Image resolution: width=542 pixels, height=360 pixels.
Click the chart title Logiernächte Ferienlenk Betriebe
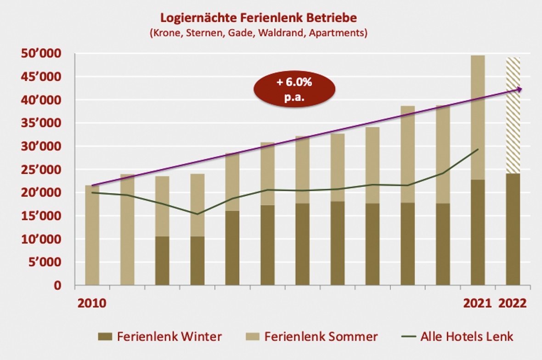258,18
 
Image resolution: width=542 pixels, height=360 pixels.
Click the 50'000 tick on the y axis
41,54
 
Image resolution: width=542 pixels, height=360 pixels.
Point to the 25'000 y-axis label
41,170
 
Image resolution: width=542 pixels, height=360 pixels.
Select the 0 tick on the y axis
57,286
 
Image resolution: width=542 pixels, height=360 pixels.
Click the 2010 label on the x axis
92,303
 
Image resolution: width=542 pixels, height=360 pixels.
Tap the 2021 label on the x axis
478,303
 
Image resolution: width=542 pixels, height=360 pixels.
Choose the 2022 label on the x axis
513,303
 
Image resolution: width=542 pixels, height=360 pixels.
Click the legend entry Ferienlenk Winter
160,337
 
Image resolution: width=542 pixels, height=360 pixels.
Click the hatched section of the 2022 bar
513,115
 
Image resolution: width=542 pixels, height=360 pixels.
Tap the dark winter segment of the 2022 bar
513,230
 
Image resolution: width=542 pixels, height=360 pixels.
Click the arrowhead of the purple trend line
519,90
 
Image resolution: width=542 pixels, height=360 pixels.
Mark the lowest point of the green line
197,214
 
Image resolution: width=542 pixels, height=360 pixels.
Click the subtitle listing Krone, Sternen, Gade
258,34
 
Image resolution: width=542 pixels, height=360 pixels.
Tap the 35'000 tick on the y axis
41,124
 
